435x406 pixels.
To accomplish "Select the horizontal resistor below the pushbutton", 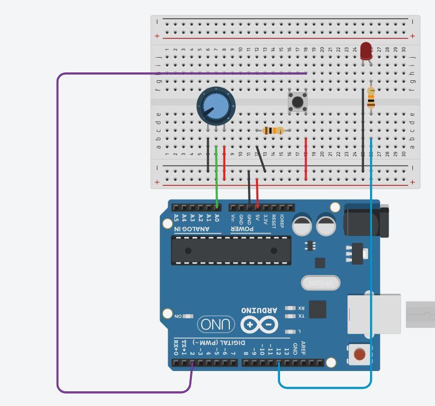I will point(271,131).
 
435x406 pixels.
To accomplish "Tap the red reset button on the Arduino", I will point(360,354).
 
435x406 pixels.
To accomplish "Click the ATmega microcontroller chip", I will point(231,250).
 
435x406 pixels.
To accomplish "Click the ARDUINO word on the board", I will point(259,310).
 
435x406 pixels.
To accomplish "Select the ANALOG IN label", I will point(192,229).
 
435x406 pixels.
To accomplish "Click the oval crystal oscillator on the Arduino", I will point(320,283).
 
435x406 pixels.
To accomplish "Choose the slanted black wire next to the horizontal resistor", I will point(261,159).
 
